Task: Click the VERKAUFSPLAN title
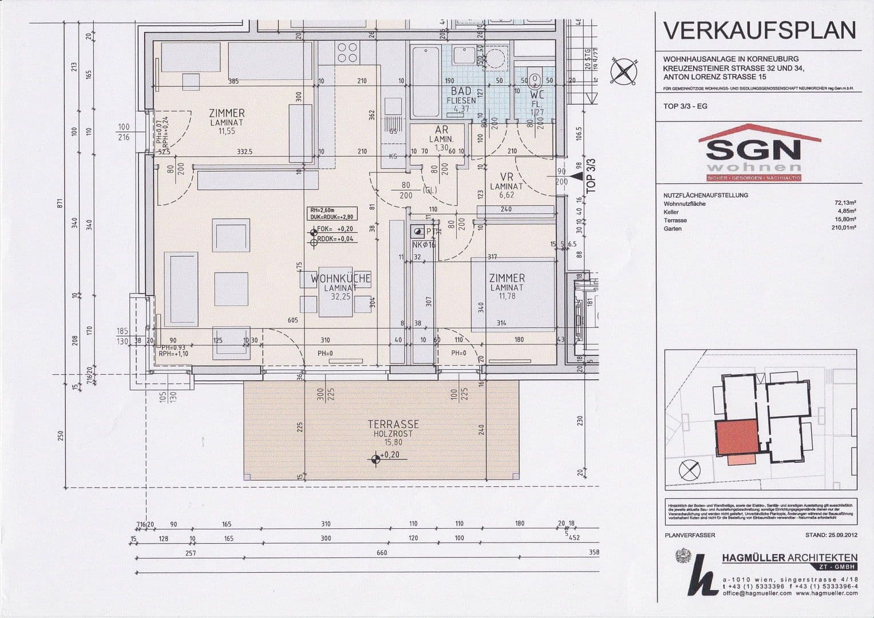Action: click(760, 31)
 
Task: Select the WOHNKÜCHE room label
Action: click(341, 279)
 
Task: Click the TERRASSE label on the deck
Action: click(393, 425)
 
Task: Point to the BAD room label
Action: click(461, 92)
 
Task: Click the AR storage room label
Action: click(441, 130)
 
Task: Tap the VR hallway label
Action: click(506, 177)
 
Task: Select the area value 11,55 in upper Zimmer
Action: click(227, 131)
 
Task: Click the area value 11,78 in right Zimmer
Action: click(507, 296)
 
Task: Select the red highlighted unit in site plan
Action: click(736, 437)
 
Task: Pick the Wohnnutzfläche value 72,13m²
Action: click(845, 203)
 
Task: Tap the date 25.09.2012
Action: click(841, 536)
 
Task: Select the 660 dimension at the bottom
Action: click(382, 553)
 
